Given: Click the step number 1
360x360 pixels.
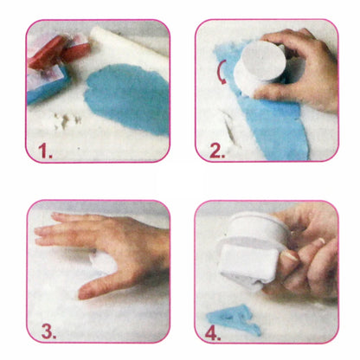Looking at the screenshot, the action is point(45,151).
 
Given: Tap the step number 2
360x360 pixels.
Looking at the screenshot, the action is point(217,151).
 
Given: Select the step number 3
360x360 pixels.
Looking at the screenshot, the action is point(48,331).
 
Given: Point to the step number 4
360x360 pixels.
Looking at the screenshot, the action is point(213,332).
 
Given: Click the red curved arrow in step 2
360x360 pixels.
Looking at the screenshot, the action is point(221,73).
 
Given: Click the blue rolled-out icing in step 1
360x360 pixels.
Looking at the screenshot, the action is point(128,98).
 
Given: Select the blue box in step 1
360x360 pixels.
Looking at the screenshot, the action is point(48,84).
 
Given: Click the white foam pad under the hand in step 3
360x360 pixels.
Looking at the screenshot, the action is point(102,262).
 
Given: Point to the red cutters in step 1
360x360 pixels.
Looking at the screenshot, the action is point(59,51).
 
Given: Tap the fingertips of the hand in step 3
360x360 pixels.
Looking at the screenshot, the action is point(43,231).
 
